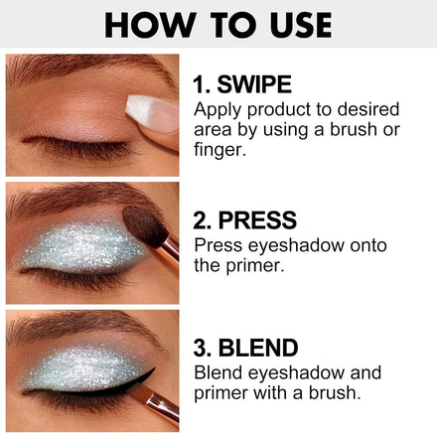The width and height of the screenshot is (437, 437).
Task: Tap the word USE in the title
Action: (301, 25)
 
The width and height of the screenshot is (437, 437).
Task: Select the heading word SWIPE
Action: (254, 84)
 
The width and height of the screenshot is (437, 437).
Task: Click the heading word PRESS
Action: (257, 220)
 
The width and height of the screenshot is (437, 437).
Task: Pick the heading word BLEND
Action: (258, 348)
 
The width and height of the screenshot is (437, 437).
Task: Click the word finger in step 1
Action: (220, 150)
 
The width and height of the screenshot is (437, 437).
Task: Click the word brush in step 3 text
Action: (335, 393)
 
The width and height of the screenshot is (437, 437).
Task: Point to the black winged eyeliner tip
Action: (153, 369)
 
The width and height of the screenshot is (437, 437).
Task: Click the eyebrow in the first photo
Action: (89, 68)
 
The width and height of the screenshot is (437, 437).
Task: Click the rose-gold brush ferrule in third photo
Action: (162, 405)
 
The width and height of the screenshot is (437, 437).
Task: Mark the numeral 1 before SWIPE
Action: (199, 84)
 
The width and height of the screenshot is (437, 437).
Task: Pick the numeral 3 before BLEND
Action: (200, 348)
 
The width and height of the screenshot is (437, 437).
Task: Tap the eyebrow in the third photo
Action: (87, 325)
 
